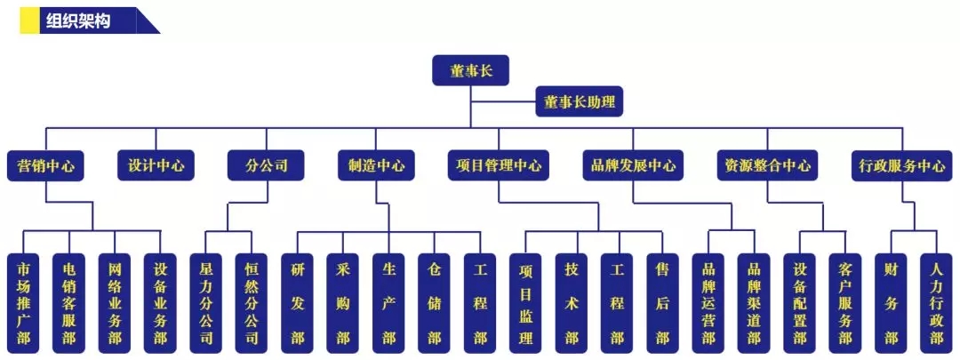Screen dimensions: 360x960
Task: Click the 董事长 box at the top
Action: click(470, 70)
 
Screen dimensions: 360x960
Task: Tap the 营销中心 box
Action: click(45, 165)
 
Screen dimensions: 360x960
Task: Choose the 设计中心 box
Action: click(156, 165)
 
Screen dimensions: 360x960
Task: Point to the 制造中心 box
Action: click(376, 165)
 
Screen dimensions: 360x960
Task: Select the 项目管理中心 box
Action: click(498, 165)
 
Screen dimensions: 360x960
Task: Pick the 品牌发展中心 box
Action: click(634, 165)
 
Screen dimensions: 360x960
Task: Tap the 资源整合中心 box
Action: click(767, 165)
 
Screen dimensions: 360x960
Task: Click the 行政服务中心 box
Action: click(902, 165)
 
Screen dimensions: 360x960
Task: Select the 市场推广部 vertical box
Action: click(23, 302)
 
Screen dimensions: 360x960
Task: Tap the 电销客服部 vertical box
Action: click(68, 302)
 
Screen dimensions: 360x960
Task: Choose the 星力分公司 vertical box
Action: click(206, 302)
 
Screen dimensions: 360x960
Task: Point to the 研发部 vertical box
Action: click(298, 302)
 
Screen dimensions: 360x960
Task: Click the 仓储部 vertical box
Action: click(435, 302)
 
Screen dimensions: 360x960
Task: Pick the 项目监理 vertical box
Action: click(526, 302)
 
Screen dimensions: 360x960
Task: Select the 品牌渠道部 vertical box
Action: click(754, 302)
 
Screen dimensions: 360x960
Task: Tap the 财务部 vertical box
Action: click(891, 302)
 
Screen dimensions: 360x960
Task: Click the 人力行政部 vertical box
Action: click(936, 302)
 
